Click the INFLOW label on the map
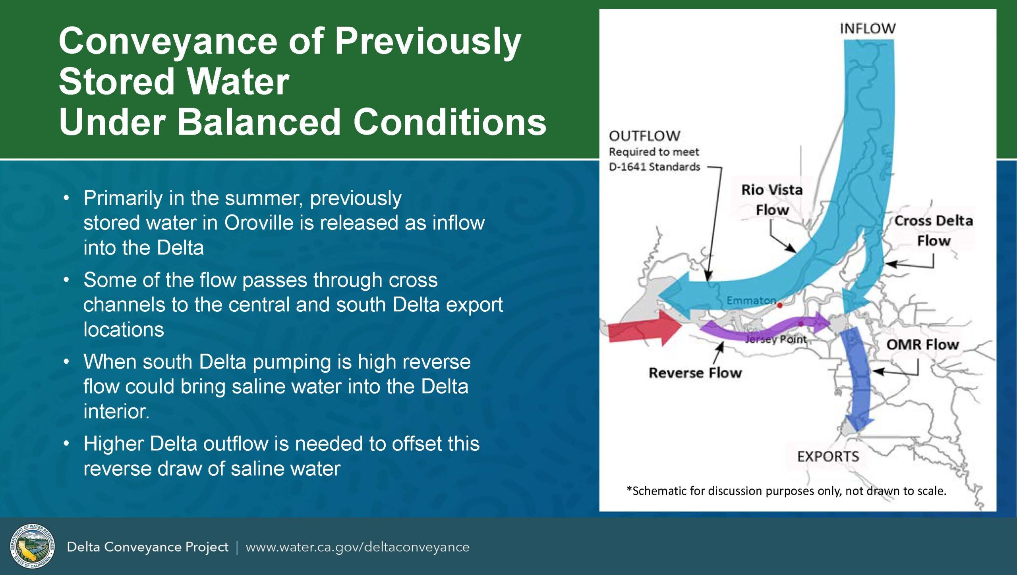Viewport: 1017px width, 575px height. (868, 29)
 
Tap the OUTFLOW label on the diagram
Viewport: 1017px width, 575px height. (644, 136)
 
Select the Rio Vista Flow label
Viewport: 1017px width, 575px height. (772, 200)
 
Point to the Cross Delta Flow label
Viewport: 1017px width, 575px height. (934, 231)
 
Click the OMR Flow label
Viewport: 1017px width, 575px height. (922, 344)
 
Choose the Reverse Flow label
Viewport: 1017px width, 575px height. (695, 373)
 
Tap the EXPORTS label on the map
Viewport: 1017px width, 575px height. (828, 457)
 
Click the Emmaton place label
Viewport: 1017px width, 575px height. (751, 301)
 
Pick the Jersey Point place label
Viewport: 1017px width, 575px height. (776, 340)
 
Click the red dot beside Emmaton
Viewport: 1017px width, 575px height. (780, 305)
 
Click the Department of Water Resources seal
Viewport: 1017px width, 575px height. (32, 546)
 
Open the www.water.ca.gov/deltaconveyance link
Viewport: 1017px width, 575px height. (358, 547)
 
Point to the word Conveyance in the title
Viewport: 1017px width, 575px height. (168, 42)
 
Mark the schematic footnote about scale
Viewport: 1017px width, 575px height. (786, 491)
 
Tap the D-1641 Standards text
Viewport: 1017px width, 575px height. (655, 167)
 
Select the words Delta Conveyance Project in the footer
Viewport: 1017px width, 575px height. (147, 547)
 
